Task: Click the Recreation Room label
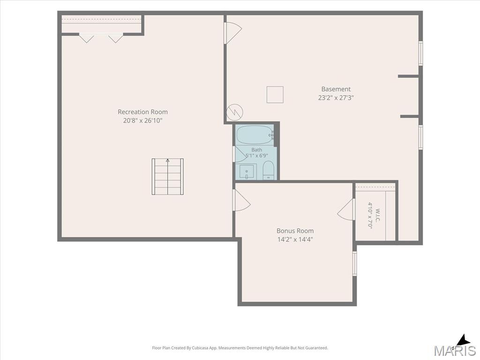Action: (x=142, y=112)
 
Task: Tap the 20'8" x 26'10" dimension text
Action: (x=142, y=120)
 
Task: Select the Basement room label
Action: (x=336, y=89)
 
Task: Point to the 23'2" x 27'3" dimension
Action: (x=336, y=98)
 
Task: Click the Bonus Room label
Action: (x=295, y=231)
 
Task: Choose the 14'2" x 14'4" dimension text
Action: (x=295, y=240)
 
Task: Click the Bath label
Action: (x=256, y=150)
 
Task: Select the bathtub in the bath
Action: (x=255, y=135)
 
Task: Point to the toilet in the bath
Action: (x=268, y=170)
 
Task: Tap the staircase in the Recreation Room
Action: (x=167, y=177)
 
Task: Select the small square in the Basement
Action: (x=275, y=95)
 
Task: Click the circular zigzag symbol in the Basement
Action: (x=234, y=112)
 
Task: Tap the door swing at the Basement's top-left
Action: (x=233, y=33)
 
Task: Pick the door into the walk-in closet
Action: (x=345, y=210)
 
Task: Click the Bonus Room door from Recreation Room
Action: (x=242, y=200)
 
